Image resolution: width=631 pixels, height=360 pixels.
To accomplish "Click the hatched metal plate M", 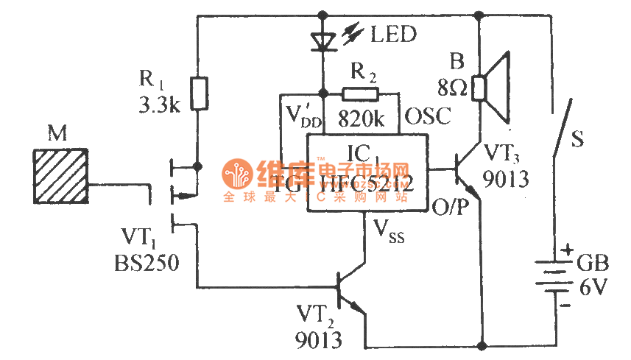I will click(x=61, y=174).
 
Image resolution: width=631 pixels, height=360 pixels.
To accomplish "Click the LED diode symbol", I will click(x=322, y=40).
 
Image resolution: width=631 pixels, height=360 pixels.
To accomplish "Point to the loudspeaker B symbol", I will click(x=494, y=87).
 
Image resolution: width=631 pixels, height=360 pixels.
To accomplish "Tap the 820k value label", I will click(x=361, y=119).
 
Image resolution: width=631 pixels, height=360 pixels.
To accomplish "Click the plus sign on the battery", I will click(x=567, y=251).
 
